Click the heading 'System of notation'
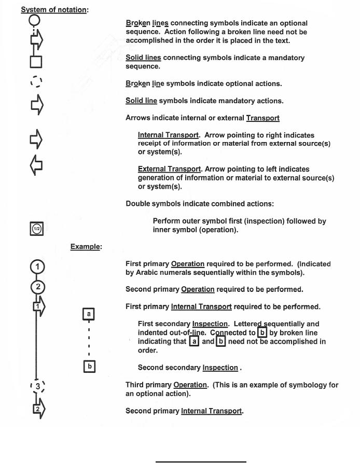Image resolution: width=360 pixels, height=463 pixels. coord(53,10)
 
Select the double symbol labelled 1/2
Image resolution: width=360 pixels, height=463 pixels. coord(36,229)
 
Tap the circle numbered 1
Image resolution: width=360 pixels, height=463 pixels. coord(37,268)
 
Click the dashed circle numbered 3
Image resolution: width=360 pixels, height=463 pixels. coord(37,386)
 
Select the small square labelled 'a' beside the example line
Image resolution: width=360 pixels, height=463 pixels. coord(89,314)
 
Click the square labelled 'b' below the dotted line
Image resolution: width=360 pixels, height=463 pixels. coord(89,366)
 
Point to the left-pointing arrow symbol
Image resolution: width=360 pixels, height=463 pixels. coord(36,165)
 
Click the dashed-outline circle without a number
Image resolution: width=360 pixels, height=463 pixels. coord(36,82)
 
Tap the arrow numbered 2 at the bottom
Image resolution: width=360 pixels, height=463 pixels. coord(38,409)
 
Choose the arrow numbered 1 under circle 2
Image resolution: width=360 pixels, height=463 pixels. coord(38,306)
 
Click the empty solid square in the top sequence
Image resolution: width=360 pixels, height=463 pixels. coord(35,62)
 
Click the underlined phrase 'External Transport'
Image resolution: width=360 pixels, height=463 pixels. coord(169,169)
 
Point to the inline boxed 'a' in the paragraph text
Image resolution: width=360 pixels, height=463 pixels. coord(194,342)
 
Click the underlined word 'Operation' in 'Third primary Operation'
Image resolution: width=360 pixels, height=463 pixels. coord(189,385)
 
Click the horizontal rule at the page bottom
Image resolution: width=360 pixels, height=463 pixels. coord(201,460)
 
